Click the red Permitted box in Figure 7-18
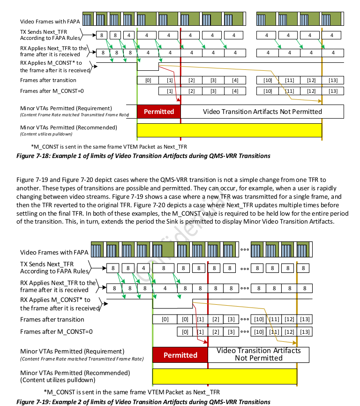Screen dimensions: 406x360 [x=158, y=112]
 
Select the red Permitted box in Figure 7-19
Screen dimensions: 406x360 [x=180, y=355]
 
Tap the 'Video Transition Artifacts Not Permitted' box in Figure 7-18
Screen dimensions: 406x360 [x=262, y=112]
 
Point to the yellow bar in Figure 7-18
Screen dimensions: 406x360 [x=229, y=130]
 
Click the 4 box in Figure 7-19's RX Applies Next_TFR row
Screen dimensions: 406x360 [x=165, y=288]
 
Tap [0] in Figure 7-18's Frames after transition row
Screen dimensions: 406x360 [x=148, y=80]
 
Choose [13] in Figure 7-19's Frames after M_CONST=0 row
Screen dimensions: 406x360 [x=305, y=332]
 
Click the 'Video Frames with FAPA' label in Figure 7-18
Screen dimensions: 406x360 [x=50, y=22]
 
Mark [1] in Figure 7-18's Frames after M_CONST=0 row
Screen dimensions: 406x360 [x=169, y=90]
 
